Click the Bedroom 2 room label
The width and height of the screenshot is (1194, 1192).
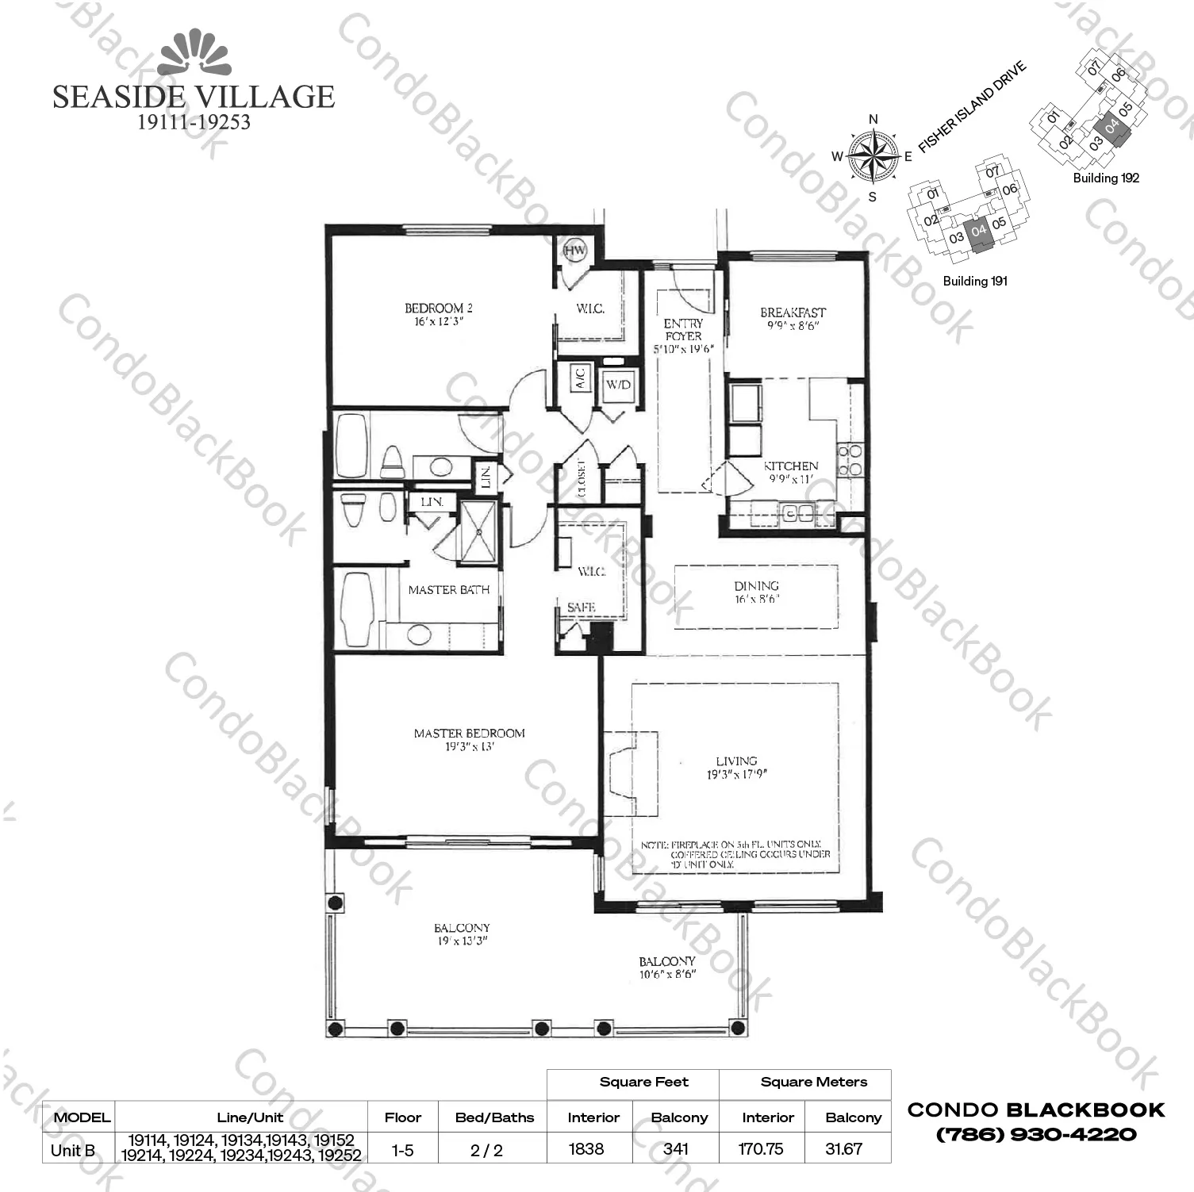click(439, 308)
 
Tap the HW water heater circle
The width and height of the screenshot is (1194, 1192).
click(574, 251)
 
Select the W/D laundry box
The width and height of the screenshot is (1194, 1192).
click(618, 385)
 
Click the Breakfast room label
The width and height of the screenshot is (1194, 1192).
click(793, 312)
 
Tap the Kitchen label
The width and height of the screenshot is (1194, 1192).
click(790, 466)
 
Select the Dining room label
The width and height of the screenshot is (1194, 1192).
click(756, 586)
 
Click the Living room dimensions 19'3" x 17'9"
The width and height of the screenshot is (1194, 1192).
click(737, 774)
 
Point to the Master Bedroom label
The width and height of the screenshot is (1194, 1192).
click(469, 733)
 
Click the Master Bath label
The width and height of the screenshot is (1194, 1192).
click(448, 590)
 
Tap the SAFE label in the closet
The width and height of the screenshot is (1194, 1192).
click(581, 607)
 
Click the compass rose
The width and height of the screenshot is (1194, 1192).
click(873, 156)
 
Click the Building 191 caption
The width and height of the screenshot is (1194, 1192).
click(975, 281)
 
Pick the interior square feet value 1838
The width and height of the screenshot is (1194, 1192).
click(586, 1148)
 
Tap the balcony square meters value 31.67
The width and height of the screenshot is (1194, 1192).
click(843, 1148)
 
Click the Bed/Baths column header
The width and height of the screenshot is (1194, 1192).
click(494, 1117)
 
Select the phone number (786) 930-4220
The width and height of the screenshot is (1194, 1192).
click(1036, 1134)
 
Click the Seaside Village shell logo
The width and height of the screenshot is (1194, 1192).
click(194, 54)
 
